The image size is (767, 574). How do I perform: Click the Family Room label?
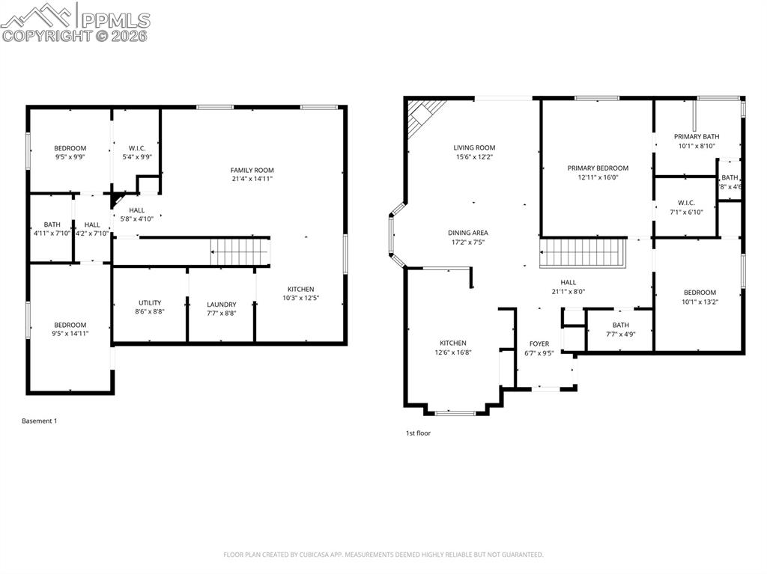point(252,170)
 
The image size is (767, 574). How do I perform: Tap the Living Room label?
point(474,147)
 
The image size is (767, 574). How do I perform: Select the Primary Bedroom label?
point(597,168)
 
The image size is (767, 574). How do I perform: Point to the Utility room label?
point(149,303)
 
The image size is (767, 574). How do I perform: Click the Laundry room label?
point(221,305)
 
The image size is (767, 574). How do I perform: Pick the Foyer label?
point(539,344)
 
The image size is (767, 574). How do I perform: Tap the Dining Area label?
point(468,233)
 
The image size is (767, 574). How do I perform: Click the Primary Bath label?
point(696,136)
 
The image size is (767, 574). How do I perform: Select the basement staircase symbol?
point(239,251)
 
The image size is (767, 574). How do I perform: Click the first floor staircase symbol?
point(583,253)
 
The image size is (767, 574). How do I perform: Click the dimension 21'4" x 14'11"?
point(252,180)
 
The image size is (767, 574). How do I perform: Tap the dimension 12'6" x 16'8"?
point(452,352)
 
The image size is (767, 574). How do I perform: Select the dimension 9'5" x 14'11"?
point(70,334)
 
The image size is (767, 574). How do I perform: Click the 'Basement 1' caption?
point(39,421)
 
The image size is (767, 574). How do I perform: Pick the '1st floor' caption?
point(418,433)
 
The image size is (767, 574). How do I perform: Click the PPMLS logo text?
point(114,20)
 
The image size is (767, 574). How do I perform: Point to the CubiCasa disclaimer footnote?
point(383,555)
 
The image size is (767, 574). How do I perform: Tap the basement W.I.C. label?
point(136,147)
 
